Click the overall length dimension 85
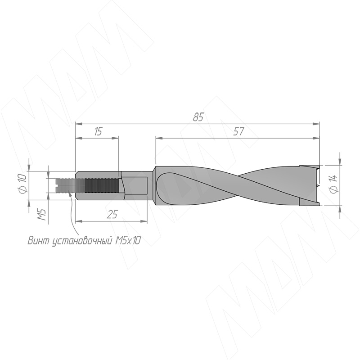(x=198, y=117)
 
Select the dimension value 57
(x=238, y=131)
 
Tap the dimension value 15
(x=98, y=131)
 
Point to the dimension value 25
(x=112, y=215)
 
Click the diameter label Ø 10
(x=23, y=184)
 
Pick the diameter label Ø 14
(x=333, y=184)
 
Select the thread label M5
(x=42, y=215)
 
